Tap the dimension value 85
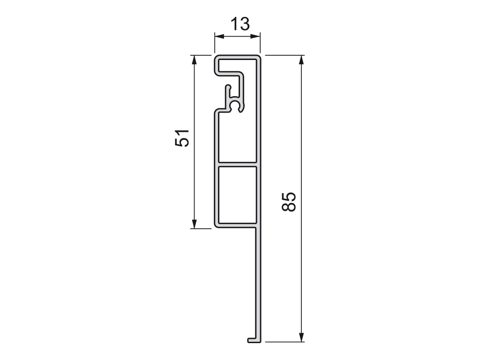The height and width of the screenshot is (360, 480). pos(289,202)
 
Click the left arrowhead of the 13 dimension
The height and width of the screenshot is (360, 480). pos(217,37)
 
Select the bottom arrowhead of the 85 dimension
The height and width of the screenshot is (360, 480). pos(302,338)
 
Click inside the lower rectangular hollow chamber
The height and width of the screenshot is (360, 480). pos(237,194)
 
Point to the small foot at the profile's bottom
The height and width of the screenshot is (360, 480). pos(252,340)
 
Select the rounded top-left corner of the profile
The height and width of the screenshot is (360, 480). pos(217,59)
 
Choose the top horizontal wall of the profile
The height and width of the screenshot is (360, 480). pos(237,57)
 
